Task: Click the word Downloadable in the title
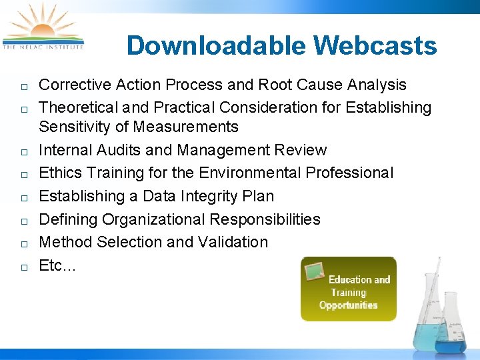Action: click(215, 46)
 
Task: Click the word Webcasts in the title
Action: click(375, 46)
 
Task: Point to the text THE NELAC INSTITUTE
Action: click(43, 47)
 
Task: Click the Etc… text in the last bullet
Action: click(57, 265)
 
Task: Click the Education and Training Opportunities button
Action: click(349, 289)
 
